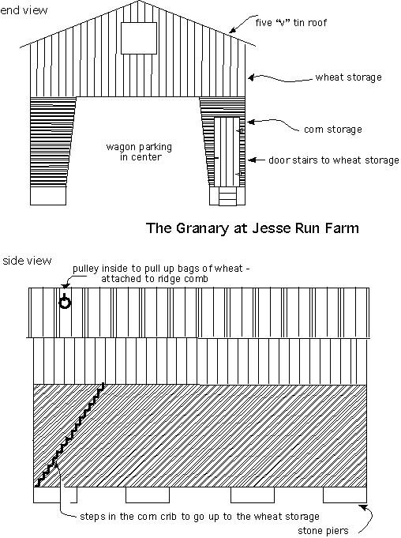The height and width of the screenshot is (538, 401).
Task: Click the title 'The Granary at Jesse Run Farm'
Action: pos(253,228)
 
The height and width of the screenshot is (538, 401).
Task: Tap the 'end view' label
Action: pos(24,10)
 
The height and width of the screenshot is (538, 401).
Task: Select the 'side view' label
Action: pos(27,261)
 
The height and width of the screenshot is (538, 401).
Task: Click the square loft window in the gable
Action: pos(139,38)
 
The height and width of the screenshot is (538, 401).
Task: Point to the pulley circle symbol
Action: pos(65,303)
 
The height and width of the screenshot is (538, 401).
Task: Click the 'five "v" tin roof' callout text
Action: pos(291,23)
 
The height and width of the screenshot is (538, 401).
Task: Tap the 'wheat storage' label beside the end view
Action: pos(348,77)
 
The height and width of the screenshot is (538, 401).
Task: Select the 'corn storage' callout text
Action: pos(333,130)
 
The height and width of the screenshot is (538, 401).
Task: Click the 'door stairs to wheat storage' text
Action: pos(333,160)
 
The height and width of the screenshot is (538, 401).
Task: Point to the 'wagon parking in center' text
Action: pos(139,152)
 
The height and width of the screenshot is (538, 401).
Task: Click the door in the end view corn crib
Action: pos(227,152)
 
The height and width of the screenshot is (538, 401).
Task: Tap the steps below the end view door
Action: pos(227,196)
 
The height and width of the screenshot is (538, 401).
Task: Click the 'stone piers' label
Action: pos(323,531)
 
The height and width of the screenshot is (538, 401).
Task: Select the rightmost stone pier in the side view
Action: pos(345,495)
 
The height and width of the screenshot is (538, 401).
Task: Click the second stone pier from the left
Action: pos(148,495)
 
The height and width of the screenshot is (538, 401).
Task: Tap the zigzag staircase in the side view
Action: pos(70,436)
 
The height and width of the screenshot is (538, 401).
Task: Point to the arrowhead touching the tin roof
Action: pos(233,30)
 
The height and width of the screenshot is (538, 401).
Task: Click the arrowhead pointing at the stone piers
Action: pos(363,507)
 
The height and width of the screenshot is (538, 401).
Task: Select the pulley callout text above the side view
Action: pos(161,273)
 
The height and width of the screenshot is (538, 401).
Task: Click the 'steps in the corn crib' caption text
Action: pos(200,517)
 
